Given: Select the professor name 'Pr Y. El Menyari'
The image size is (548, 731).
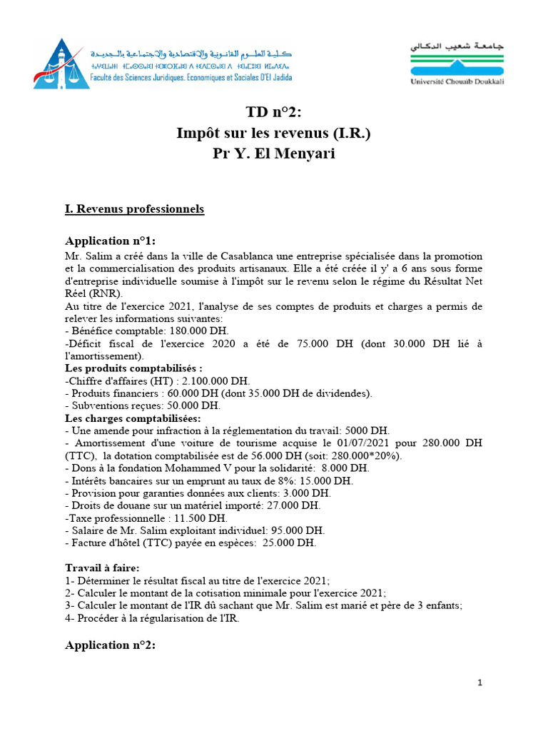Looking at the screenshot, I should [x=273, y=154].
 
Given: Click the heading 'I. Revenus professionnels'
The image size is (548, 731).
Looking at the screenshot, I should [x=134, y=209].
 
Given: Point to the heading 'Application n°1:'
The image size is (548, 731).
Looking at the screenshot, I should [x=110, y=241].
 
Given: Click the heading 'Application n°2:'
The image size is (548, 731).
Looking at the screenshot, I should [x=110, y=645].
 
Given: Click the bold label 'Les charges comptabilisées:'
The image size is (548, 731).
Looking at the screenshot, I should [x=133, y=418].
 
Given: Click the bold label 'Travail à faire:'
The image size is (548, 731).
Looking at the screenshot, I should [x=102, y=568].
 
